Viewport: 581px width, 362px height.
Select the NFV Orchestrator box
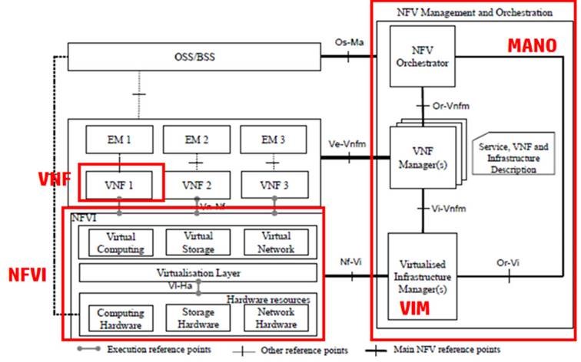pyautogui.click(x=420, y=58)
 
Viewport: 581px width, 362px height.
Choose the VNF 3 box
pyautogui.click(x=275, y=185)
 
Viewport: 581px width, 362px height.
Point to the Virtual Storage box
pyautogui.click(x=198, y=242)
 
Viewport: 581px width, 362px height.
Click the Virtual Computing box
pyautogui.click(x=121, y=242)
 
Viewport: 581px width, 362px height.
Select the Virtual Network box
pyautogui.click(x=277, y=242)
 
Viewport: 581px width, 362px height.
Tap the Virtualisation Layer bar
pyautogui.click(x=198, y=272)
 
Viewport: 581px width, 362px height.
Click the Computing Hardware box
pyautogui.click(x=121, y=317)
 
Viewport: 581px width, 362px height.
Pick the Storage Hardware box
pyautogui.click(x=198, y=317)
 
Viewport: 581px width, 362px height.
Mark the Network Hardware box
pyautogui.click(x=277, y=317)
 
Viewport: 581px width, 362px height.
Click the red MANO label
pyautogui.click(x=532, y=45)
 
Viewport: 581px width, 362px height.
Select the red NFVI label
pyautogui.click(x=28, y=273)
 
